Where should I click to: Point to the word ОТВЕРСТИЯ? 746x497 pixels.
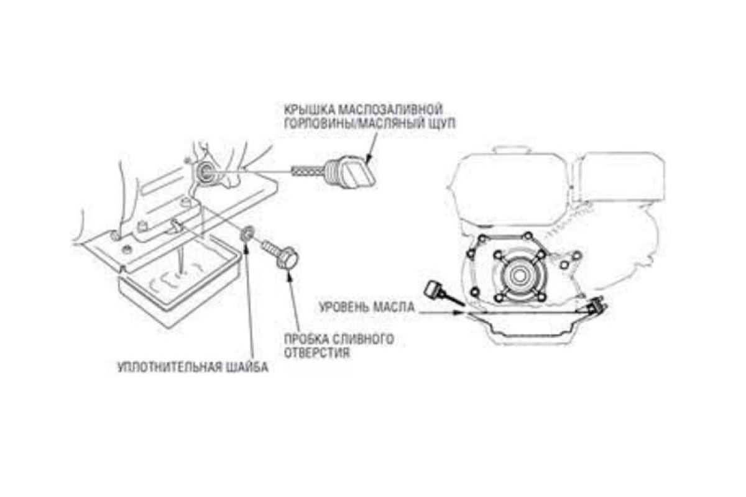pyautogui.click(x=316, y=353)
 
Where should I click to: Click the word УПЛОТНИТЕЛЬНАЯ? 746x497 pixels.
pyautogui.click(x=170, y=368)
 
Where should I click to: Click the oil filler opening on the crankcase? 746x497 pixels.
pyautogui.click(x=203, y=171)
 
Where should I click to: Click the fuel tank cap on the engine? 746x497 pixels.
pyautogui.click(x=512, y=149)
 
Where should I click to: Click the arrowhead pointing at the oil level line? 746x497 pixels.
pyautogui.click(x=459, y=312)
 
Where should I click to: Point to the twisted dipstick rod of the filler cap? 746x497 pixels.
pyautogui.click(x=308, y=171)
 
